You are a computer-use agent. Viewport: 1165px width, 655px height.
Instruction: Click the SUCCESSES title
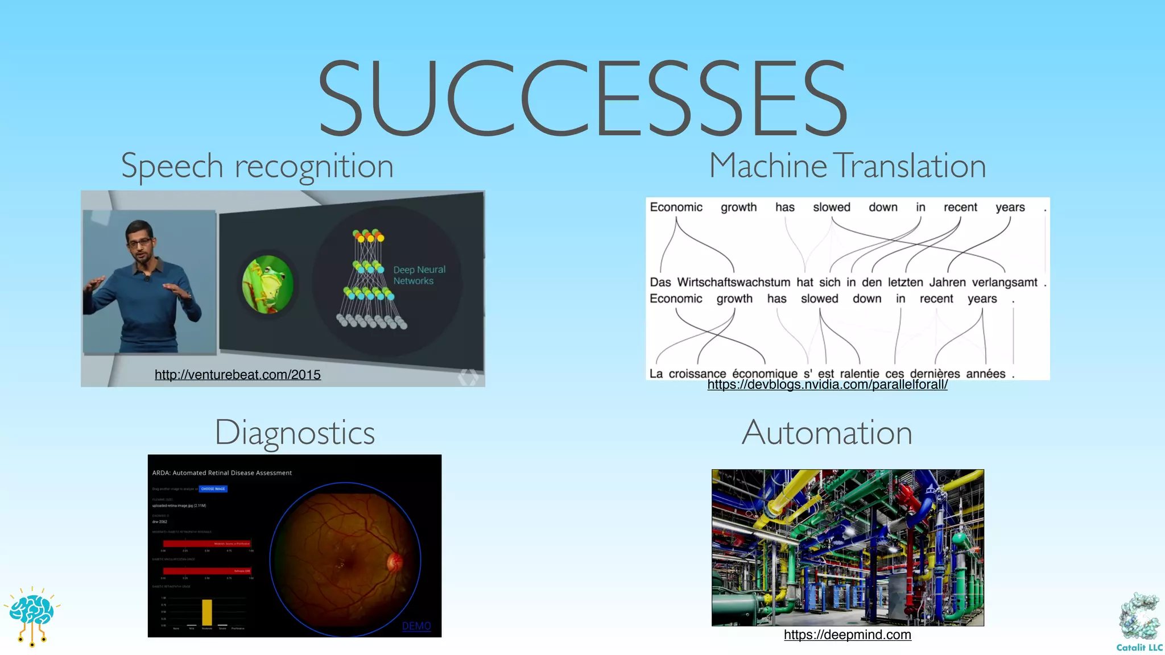click(x=582, y=98)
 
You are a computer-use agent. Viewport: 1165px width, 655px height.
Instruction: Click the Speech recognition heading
click(x=257, y=166)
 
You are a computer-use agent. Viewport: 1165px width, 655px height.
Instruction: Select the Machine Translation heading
click(x=847, y=166)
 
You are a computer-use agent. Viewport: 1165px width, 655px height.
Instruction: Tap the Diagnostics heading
click(x=295, y=433)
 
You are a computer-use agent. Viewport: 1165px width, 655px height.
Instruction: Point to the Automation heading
click(x=827, y=433)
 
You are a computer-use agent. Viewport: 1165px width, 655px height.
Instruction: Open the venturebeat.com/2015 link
click(x=238, y=375)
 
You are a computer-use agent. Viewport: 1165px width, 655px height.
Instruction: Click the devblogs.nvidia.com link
click(x=827, y=385)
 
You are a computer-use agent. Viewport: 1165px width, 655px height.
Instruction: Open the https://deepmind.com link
click(x=847, y=635)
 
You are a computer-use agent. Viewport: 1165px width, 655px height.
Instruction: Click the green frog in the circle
click(x=267, y=284)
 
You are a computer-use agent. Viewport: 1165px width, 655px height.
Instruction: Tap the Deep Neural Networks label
click(x=419, y=275)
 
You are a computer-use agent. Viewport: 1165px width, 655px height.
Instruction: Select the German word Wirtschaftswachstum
click(x=733, y=283)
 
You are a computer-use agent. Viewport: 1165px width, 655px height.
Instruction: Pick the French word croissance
click(x=697, y=374)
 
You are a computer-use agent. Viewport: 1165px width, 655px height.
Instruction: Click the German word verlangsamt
click(x=1004, y=283)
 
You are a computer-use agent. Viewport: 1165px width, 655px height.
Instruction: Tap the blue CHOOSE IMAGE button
click(x=213, y=489)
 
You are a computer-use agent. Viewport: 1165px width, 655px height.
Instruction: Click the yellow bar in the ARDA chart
click(x=207, y=612)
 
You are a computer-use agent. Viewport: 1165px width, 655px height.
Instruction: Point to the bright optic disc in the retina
click(x=394, y=563)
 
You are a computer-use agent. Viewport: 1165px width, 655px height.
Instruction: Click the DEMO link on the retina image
click(x=416, y=626)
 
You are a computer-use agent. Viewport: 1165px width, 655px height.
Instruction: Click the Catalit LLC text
click(x=1139, y=648)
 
